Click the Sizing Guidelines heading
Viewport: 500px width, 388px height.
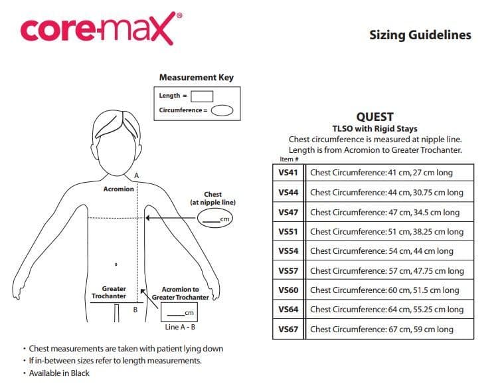click(420, 35)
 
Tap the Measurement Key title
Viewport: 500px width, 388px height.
click(196, 77)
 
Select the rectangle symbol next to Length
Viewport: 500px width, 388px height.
click(202, 96)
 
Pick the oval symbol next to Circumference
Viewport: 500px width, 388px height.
click(222, 110)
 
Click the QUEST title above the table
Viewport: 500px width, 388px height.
click(375, 117)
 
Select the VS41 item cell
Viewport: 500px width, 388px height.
click(288, 173)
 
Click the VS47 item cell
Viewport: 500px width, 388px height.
click(288, 212)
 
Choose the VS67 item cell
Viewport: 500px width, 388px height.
click(288, 329)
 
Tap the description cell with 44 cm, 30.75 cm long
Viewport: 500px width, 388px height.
click(387, 193)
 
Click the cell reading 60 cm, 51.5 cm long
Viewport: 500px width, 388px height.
click(384, 290)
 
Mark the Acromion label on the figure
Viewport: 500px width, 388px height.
click(119, 189)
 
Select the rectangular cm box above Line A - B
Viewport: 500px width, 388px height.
click(180, 314)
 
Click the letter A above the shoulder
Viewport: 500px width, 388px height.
click(136, 174)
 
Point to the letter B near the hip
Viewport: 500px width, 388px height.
click(135, 310)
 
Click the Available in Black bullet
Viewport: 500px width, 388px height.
click(58, 373)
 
